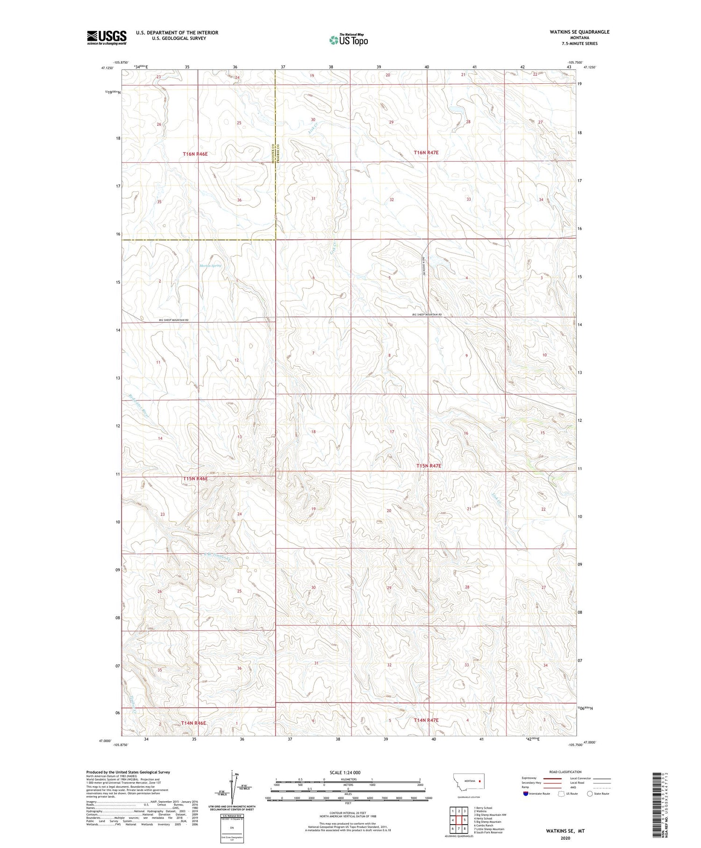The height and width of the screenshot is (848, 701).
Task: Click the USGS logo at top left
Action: pyautogui.click(x=107, y=37)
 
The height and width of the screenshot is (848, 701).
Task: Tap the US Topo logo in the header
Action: pyautogui.click(x=349, y=40)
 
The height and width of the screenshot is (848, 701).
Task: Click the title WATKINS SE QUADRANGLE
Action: pyautogui.click(x=580, y=32)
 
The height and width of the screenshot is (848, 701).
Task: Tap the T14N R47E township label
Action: pyautogui.click(x=426, y=720)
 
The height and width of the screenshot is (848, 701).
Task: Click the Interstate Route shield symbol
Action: pyautogui.click(x=526, y=794)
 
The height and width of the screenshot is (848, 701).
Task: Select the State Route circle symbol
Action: pyautogui.click(x=590, y=794)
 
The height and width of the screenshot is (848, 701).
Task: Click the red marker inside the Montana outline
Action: pyautogui.click(x=479, y=780)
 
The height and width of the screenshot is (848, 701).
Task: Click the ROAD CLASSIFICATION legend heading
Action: pyautogui.click(x=565, y=772)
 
